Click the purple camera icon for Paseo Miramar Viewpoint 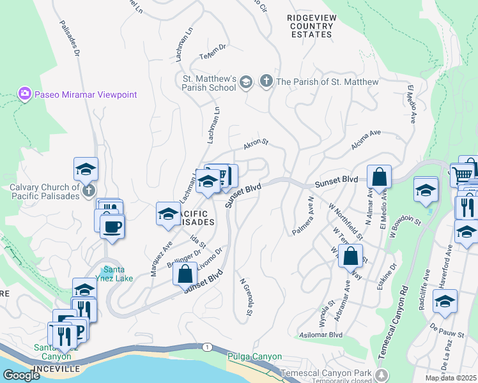(x=25, y=94)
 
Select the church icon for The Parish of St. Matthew (x=266, y=82)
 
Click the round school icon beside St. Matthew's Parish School (x=246, y=82)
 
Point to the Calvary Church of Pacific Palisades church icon (x=89, y=190)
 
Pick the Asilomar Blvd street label (x=321, y=334)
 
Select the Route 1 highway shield (x=206, y=347)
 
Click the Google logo (x=22, y=375)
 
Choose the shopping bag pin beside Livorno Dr (x=185, y=273)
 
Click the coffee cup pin (x=112, y=227)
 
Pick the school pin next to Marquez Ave (x=167, y=213)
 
